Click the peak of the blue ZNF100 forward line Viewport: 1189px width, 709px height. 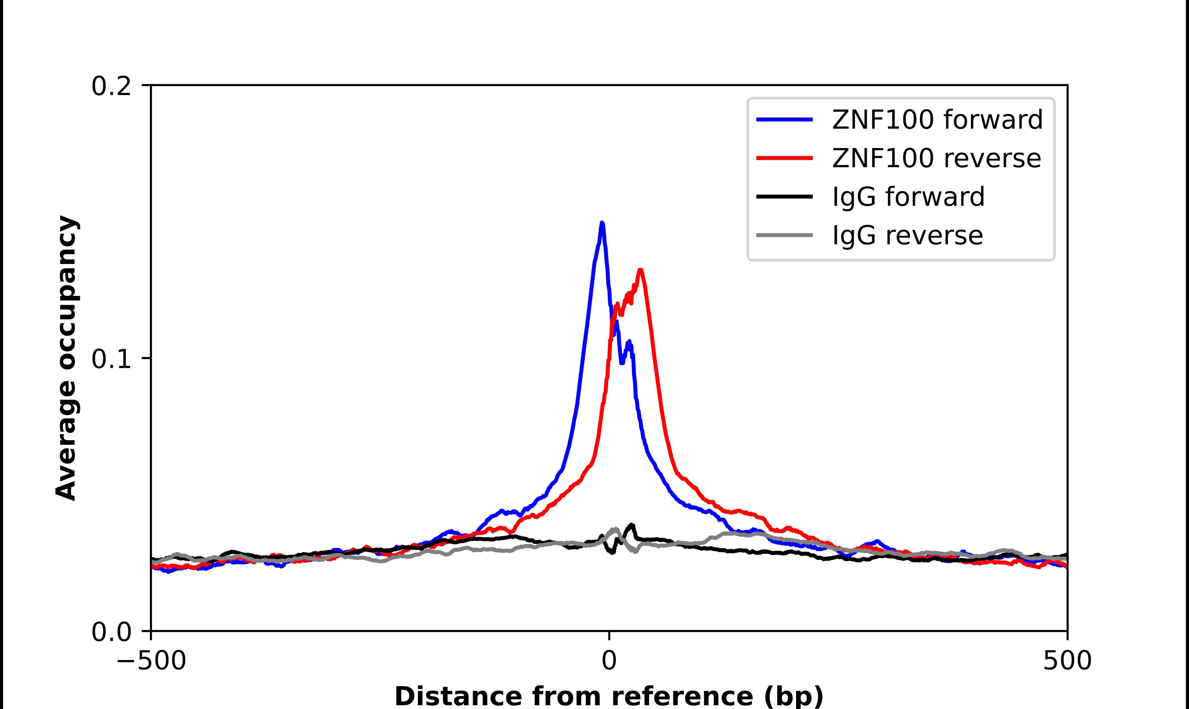(602, 223)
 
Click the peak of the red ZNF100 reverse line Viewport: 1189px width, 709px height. (640, 271)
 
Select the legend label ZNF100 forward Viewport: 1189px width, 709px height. (937, 120)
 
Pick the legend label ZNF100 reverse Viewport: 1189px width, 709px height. (936, 158)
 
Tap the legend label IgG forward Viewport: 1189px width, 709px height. (908, 197)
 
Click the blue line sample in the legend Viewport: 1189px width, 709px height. (784, 120)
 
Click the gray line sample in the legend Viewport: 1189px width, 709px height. (784, 235)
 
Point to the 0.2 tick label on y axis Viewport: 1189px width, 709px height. (111, 86)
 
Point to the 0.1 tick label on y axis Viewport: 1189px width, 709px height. (111, 359)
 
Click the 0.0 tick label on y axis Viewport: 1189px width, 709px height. (111, 632)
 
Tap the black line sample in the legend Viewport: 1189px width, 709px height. (784, 196)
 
